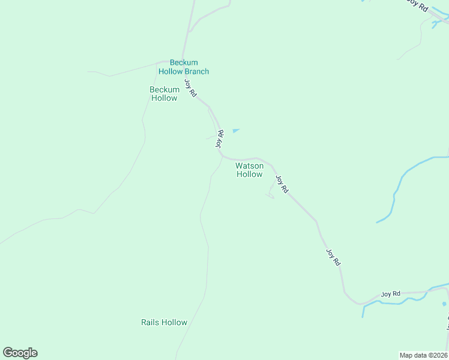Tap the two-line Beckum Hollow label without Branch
tap(164, 94)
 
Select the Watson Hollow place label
tap(249, 170)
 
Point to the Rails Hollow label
tap(164, 322)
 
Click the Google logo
tap(20, 353)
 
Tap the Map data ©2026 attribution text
tap(423, 355)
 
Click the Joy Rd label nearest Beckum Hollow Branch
tap(190, 89)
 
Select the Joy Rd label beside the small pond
tap(220, 139)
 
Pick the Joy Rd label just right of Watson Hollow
tap(282, 184)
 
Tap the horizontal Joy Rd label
tap(390, 294)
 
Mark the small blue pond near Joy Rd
tap(236, 130)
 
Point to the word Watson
tap(249, 166)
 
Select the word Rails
tap(150, 322)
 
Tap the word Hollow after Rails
tap(173, 322)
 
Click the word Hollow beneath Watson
tap(249, 174)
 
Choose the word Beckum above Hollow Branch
tap(184, 62)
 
